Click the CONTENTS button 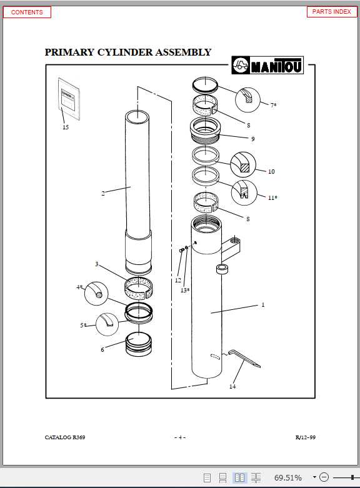[27, 12]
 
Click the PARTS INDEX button [331, 12]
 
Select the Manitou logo [267, 64]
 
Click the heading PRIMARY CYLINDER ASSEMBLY [127, 52]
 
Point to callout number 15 [66, 127]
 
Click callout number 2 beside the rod [103, 193]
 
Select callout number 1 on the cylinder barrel [263, 305]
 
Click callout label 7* [273, 105]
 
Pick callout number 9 [252, 139]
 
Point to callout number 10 [271, 171]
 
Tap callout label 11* [272, 197]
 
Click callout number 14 [232, 386]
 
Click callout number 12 [178, 281]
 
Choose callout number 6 [102, 349]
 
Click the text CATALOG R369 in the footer [65, 437]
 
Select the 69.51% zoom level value [288, 478]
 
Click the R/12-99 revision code [305, 437]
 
